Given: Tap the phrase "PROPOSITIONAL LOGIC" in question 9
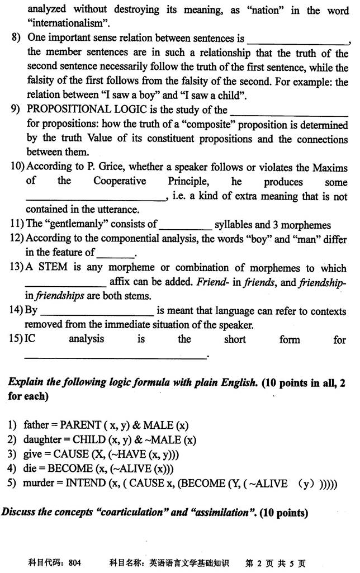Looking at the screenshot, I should tap(84, 110).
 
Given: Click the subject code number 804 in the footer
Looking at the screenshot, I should tap(74, 563).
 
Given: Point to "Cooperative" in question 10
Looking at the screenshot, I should tap(120, 181).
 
